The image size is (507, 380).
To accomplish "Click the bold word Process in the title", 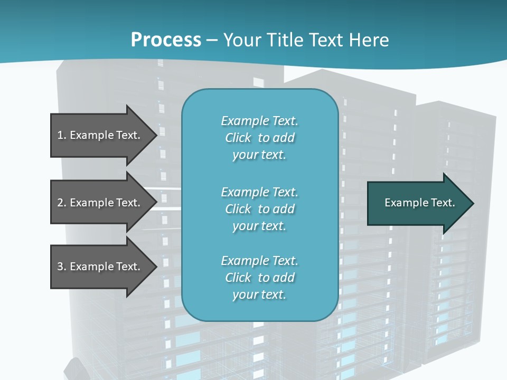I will tap(166, 40).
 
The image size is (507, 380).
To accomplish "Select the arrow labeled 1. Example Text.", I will tap(100, 135).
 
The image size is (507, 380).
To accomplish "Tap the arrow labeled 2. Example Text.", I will tap(100, 203).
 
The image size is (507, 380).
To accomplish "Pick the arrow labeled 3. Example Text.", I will tap(100, 267).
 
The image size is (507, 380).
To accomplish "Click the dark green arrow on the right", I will tap(417, 203).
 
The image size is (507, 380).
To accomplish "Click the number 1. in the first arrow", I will tap(62, 135).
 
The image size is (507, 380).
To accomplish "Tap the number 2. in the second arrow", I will tap(62, 203).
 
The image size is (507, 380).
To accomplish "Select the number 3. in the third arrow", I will tap(62, 267).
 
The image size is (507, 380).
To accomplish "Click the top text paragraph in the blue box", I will tap(259, 138).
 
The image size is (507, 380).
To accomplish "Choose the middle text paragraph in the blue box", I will tap(259, 209).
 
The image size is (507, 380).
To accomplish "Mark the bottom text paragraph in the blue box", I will tap(259, 278).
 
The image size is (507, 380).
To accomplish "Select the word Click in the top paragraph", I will tap(238, 138).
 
